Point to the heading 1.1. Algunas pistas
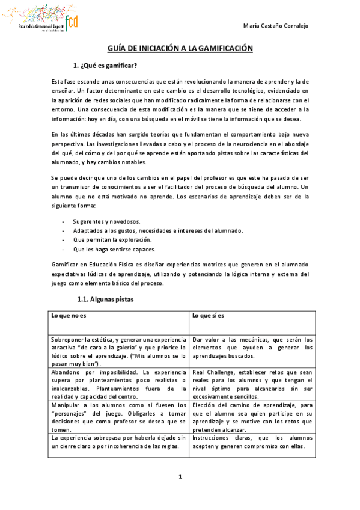click(x=106, y=299)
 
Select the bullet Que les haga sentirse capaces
click(x=106, y=248)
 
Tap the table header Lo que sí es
click(x=209, y=316)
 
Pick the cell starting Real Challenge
click(x=252, y=380)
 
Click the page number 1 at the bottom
click(x=180, y=477)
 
